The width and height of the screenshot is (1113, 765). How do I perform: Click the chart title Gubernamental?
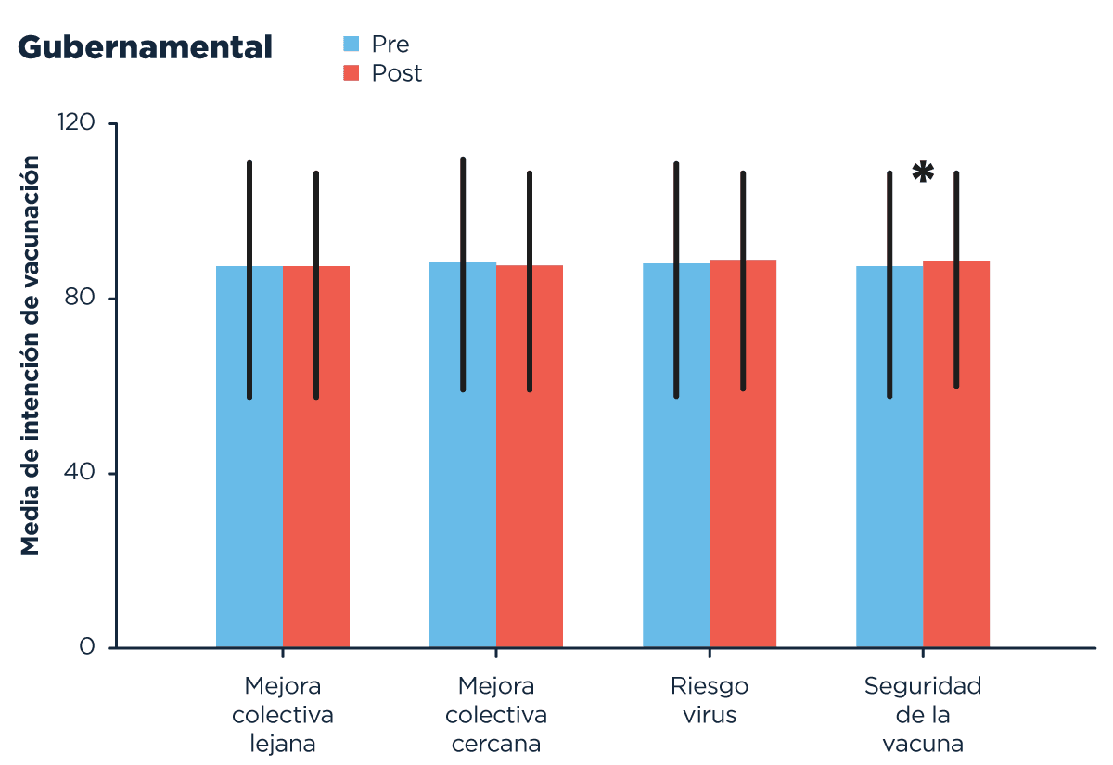145,47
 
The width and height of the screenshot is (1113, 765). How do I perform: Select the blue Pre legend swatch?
352,44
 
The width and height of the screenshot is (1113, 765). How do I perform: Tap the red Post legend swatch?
352,72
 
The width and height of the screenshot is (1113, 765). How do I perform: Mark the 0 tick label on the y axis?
88,646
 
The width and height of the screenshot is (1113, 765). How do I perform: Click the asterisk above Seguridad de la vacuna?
923,172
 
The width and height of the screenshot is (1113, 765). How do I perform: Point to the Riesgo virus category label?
710,700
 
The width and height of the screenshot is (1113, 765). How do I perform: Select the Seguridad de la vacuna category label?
923,714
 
